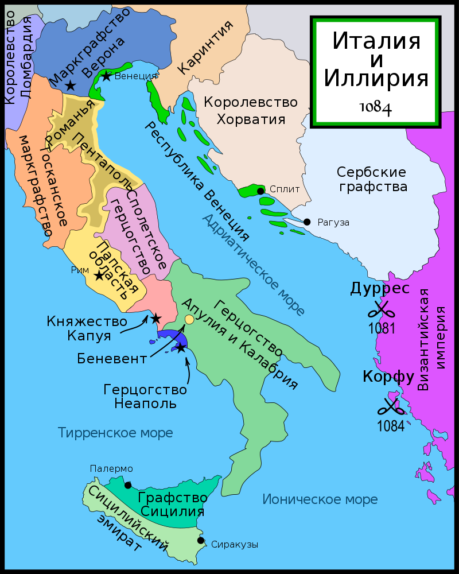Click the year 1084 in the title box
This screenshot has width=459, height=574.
pos(376,107)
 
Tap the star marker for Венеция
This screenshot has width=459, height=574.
pos(106,75)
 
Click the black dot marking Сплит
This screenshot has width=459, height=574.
pos(260,191)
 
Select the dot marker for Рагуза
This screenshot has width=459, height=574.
pos(307,222)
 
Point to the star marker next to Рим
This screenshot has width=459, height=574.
pos(99,276)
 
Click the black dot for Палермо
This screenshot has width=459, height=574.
pos(127,485)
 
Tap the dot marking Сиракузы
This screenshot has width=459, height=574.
pos(201,540)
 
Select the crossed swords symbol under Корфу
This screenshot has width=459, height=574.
pos(391,407)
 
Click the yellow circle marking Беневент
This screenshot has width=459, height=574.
pos(189,320)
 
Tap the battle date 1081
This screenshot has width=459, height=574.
pos(382,329)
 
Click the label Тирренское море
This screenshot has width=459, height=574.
pos(115,432)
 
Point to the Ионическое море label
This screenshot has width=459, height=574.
pos(320,499)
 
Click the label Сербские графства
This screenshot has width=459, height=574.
pos(372,179)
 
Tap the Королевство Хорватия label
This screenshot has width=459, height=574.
pos(251,111)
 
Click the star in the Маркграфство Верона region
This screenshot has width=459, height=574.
pos(70,86)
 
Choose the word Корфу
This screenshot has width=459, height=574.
pos(388,377)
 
